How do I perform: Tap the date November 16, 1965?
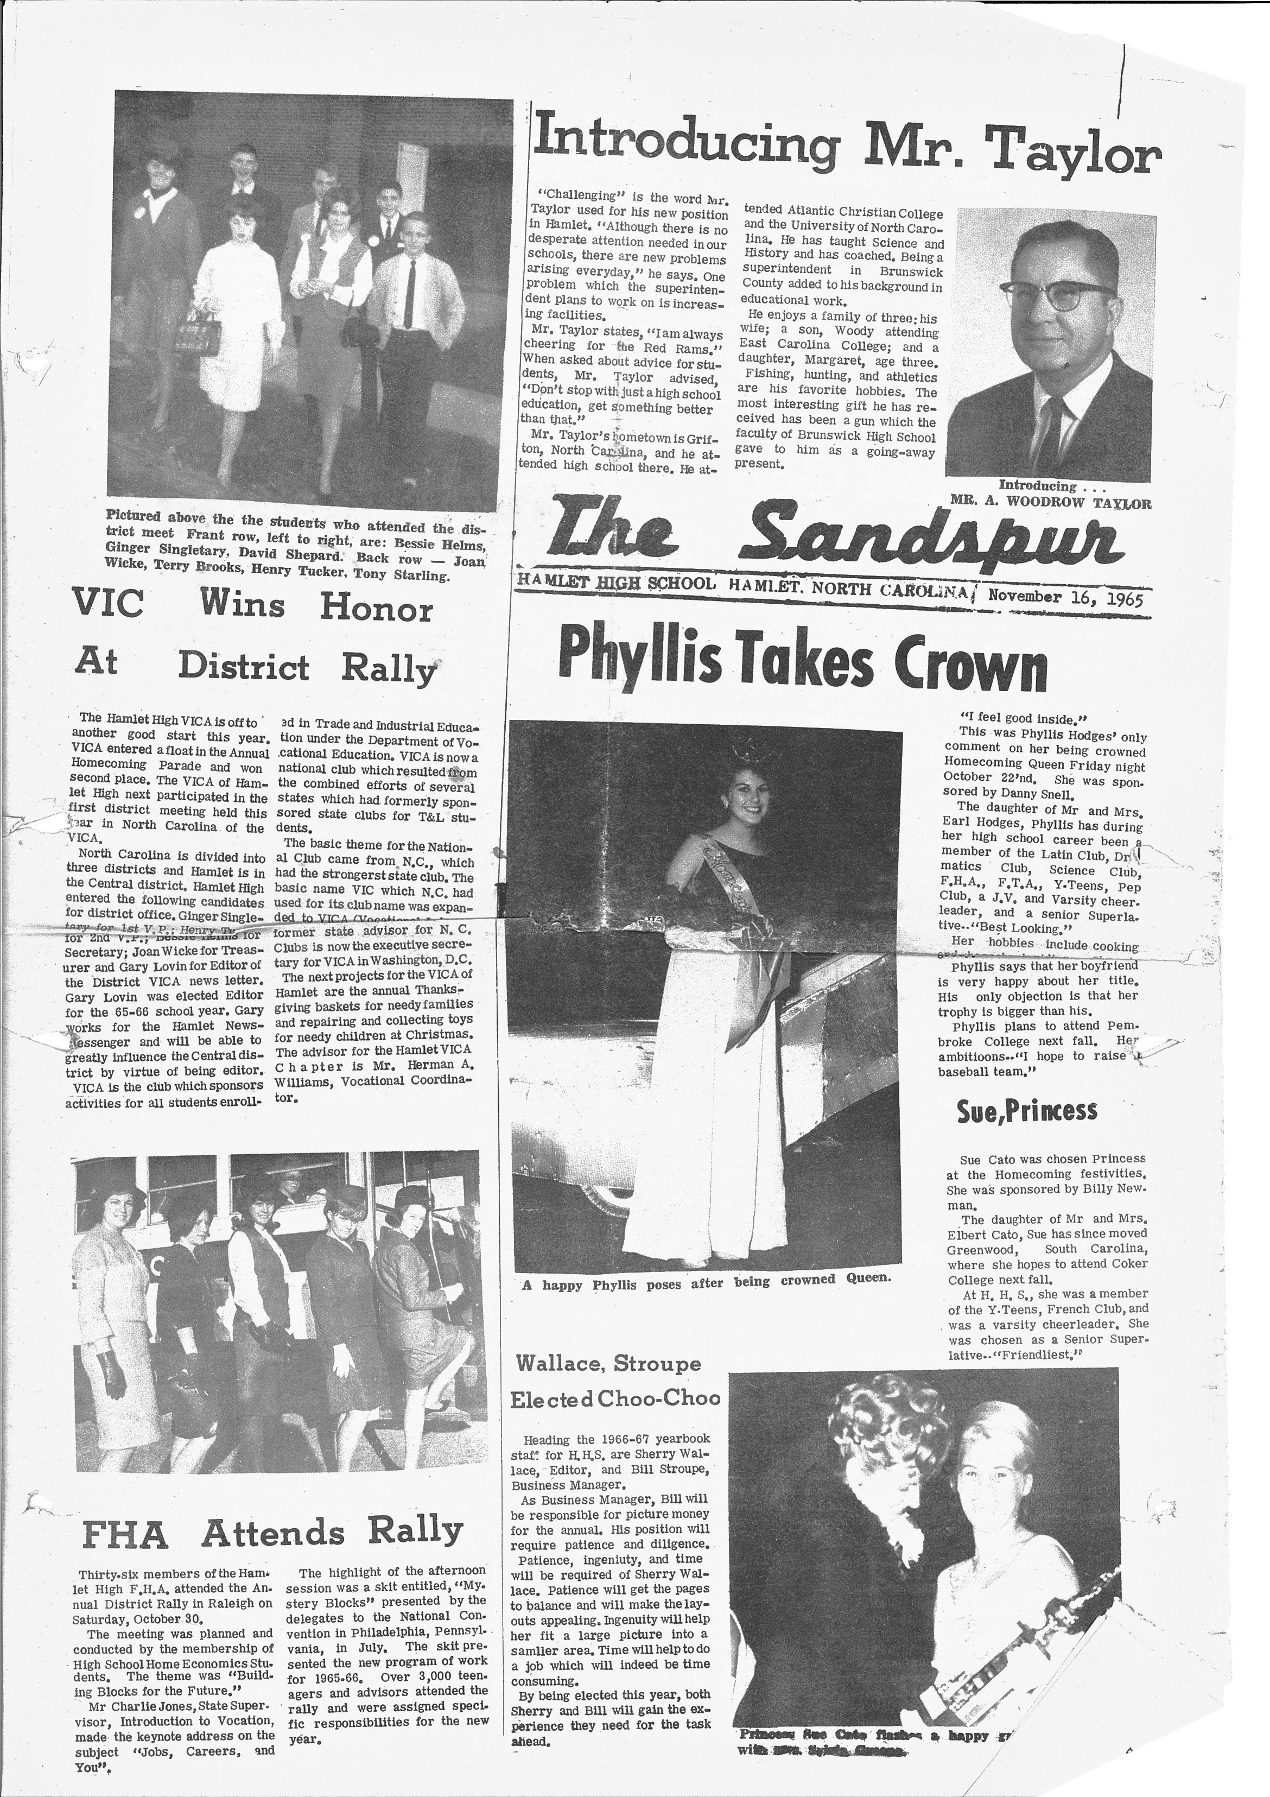pyautogui.click(x=1066, y=597)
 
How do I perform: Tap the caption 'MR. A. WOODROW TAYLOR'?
pyautogui.click(x=1050, y=503)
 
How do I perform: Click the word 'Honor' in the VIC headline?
pyautogui.click(x=376, y=609)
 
